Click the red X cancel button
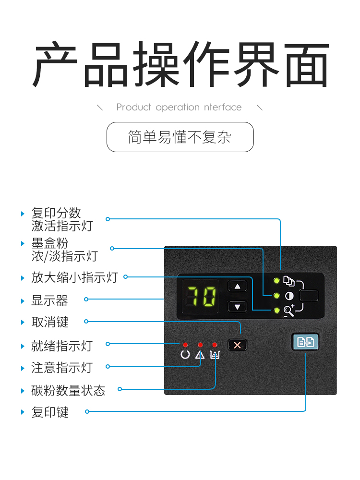click(x=237, y=345)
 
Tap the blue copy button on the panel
click(x=305, y=342)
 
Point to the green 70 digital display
click(x=201, y=296)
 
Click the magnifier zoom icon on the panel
click(x=289, y=311)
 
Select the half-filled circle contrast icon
click(x=289, y=296)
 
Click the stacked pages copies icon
click(x=288, y=281)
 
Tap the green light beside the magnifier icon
click(x=277, y=311)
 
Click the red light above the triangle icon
click(x=200, y=345)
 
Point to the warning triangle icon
click(x=200, y=355)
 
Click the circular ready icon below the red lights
click(x=185, y=355)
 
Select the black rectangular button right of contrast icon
click(x=309, y=296)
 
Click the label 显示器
click(x=49, y=300)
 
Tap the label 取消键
click(x=49, y=322)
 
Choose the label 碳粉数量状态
click(x=68, y=391)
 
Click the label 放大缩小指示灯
click(x=74, y=277)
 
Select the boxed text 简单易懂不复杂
click(x=180, y=137)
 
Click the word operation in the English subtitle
click(x=178, y=108)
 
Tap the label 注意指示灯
click(x=62, y=367)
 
